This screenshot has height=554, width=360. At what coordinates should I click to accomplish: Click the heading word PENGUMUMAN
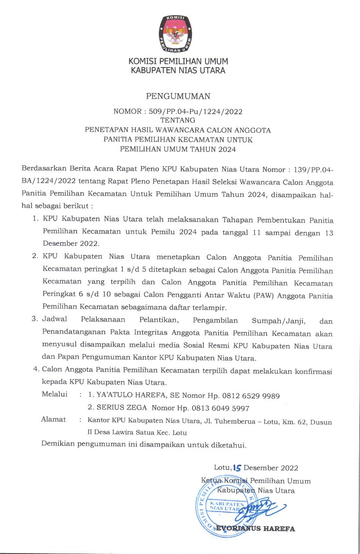tap(178, 96)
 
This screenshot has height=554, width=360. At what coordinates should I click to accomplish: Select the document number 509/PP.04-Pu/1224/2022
tap(196, 111)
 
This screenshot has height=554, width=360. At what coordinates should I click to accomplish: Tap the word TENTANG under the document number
tap(177, 120)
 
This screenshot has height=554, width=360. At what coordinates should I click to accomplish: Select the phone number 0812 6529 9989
tap(251, 396)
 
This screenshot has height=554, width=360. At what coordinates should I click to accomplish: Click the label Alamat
tap(54, 419)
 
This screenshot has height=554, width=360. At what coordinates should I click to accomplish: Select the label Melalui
tap(55, 395)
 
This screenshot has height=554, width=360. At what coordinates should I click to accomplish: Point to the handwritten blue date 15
tap(237, 467)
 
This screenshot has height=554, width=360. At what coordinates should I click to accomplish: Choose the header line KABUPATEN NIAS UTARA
tap(178, 70)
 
